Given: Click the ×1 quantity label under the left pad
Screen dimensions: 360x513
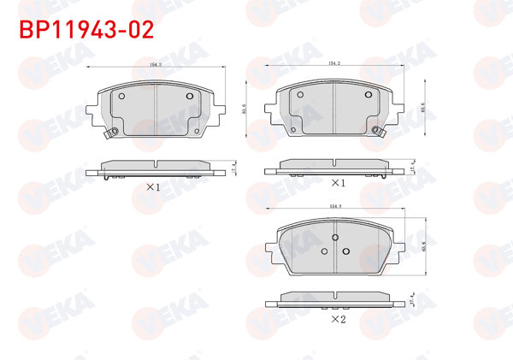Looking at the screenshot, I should click(153, 186).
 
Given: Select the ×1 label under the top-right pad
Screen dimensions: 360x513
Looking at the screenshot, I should click(337, 183).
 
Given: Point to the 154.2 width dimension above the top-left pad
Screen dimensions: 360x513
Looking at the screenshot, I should click(156, 64).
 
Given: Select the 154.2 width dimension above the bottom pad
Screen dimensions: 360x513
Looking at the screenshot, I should click(335, 206).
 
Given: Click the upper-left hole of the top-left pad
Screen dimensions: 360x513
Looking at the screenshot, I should click(121, 96).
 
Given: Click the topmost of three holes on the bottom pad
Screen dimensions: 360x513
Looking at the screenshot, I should click(335, 237).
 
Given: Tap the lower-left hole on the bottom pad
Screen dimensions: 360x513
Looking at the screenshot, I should click(323, 251).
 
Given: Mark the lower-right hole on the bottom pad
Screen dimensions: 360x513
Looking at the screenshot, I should click(346, 251).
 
